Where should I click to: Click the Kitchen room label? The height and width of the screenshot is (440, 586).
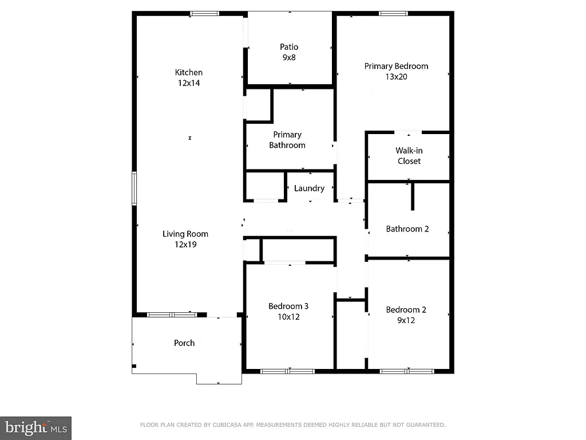point(188,72)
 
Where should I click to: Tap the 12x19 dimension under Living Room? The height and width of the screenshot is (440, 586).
point(185,244)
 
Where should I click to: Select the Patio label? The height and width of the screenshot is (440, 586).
point(289,47)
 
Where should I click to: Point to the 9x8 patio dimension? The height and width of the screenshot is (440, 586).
point(289,57)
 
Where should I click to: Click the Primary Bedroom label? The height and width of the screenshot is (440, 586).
point(396,66)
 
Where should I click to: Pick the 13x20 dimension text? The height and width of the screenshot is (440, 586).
point(396,77)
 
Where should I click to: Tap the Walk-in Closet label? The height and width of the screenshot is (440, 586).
point(409,156)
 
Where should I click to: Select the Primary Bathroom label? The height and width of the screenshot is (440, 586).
point(287,140)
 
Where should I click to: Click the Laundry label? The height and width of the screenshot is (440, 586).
point(309,188)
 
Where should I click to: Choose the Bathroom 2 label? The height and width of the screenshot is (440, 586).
point(407,229)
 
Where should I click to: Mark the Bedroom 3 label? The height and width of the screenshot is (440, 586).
point(288,306)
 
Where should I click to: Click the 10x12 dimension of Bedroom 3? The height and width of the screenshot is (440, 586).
point(288,316)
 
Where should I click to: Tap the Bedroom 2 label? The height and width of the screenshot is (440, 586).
point(406,310)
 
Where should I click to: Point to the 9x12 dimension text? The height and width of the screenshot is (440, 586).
point(406,320)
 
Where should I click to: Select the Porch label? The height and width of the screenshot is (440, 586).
point(184,343)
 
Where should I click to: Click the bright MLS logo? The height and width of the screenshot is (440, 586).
point(35,427)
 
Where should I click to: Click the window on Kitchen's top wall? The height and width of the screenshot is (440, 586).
point(205,13)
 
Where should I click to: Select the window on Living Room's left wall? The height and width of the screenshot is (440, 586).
point(134,188)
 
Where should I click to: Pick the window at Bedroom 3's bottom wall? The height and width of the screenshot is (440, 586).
point(287,371)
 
